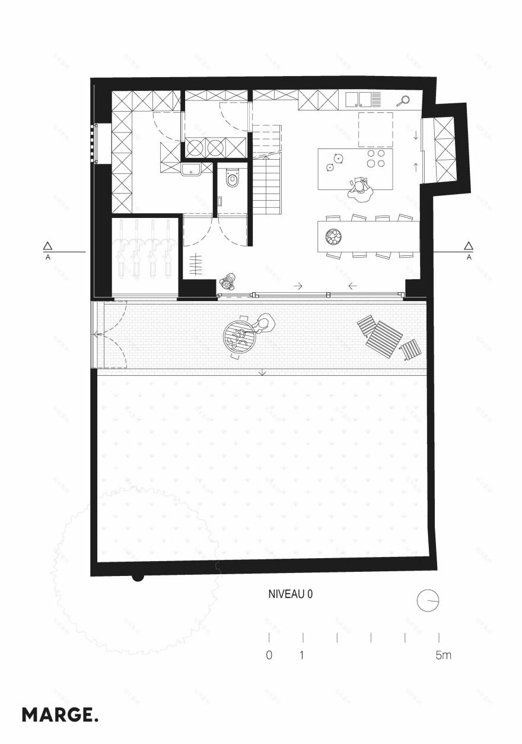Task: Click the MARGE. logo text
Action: [x=60, y=714]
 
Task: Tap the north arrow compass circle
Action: [x=427, y=600]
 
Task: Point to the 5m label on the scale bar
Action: [x=443, y=656]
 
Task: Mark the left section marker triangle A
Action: [x=47, y=246]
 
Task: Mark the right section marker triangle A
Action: [x=469, y=246]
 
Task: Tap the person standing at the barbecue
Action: [x=263, y=324]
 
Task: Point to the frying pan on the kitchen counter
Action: [x=405, y=100]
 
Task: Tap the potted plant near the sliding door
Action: [x=228, y=281]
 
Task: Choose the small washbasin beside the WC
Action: [x=192, y=170]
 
